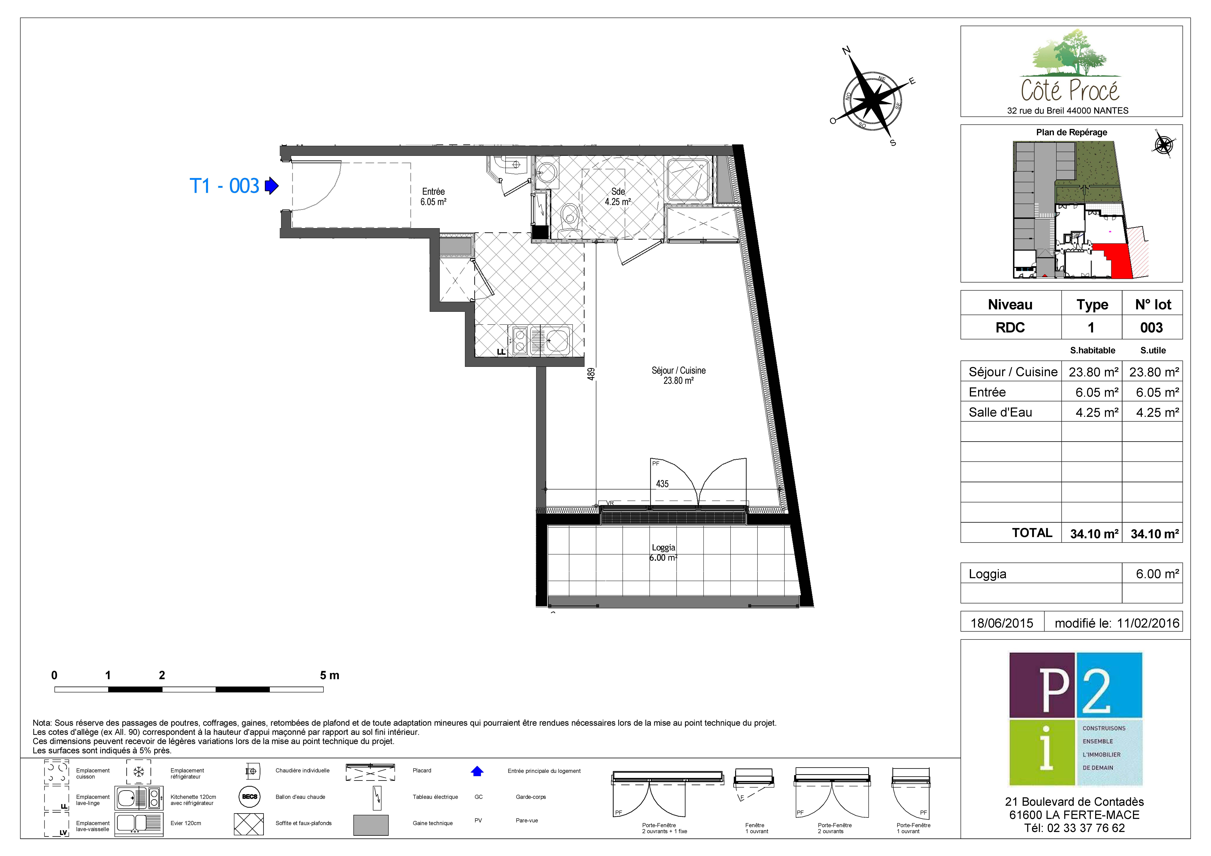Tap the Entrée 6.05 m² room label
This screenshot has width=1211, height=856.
(434, 197)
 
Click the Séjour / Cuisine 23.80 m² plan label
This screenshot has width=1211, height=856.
(678, 376)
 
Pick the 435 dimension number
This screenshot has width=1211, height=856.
(663, 484)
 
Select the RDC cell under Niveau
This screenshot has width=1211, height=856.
(1010, 328)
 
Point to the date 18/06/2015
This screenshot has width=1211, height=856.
(1002, 623)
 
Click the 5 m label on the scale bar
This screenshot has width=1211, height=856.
(330, 675)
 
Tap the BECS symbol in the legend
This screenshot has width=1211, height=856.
(250, 797)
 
